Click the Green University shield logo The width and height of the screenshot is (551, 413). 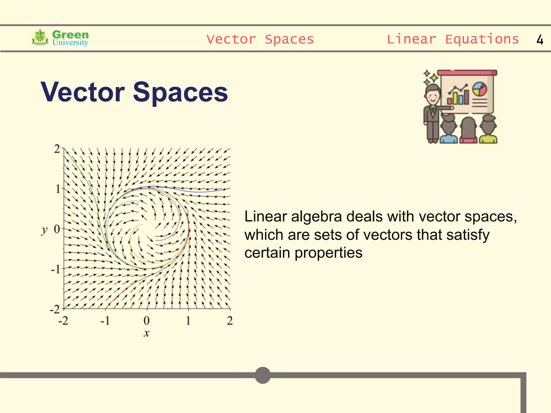coord(40,37)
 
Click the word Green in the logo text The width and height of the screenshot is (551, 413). coord(70,34)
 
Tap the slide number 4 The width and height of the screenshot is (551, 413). coord(540,40)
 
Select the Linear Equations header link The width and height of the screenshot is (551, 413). coord(453,39)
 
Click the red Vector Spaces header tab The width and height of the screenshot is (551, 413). coord(260,39)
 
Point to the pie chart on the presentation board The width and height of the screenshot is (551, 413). coord(479,89)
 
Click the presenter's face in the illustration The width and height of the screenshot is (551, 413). coord(433,95)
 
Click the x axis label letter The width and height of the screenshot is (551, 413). coord(146,333)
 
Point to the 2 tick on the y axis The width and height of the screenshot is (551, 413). coord(57,149)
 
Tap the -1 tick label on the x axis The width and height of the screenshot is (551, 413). coord(105,321)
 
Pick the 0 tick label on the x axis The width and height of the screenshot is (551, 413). coord(146,321)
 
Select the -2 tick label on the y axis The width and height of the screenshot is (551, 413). coord(55,309)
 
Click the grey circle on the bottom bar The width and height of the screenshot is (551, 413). coord(263,375)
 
